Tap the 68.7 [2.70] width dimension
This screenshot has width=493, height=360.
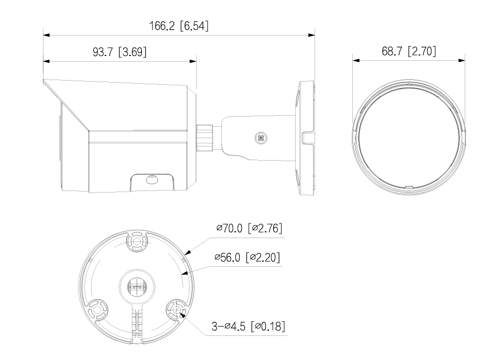[409, 51]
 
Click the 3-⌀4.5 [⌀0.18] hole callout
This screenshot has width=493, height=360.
[248, 327]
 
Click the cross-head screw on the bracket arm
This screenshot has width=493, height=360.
[260, 138]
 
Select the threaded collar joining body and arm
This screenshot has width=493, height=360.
[205, 137]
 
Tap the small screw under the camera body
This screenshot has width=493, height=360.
[153, 179]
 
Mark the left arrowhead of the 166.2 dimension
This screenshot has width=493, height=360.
[46, 35]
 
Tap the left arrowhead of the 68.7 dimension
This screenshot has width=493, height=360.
[356, 61]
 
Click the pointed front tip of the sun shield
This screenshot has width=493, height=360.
[44, 81]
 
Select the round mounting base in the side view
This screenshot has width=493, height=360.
[306, 138]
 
